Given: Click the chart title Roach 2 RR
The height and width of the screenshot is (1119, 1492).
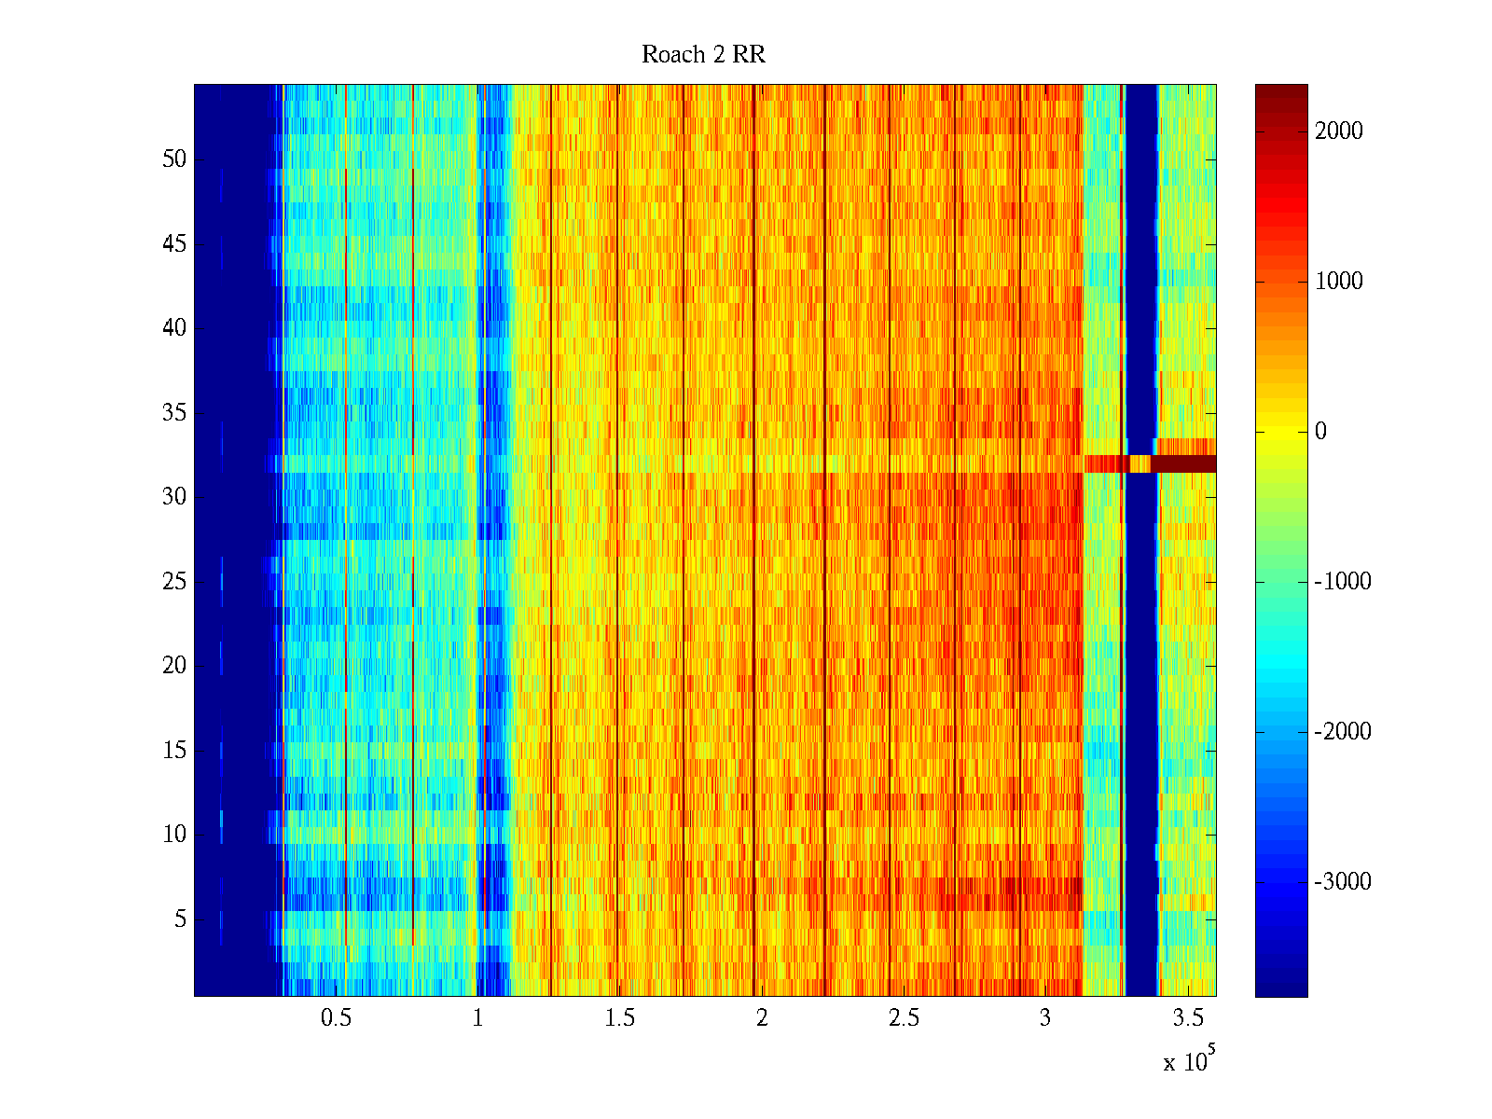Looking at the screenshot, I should pos(703,55).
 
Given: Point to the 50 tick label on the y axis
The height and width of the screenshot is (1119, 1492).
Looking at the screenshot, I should pos(174,159).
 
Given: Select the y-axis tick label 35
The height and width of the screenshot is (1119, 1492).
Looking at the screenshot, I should pos(174,413).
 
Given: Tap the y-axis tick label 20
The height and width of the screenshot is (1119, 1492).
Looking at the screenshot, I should pos(174,666).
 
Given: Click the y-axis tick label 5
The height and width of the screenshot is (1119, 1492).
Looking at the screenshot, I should pos(180,919).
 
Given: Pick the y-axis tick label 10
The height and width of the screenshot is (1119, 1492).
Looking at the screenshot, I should pos(174,835).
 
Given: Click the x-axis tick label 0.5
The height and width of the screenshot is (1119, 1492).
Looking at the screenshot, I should pos(336,1018).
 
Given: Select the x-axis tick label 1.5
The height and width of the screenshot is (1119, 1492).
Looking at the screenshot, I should pos(619,1018).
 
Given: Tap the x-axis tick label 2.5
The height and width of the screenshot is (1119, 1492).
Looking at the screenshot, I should pos(903,1018).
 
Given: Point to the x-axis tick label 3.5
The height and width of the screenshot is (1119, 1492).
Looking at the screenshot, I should pos(1187,1018).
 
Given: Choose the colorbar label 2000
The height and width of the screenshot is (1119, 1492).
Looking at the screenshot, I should pos(1339,131).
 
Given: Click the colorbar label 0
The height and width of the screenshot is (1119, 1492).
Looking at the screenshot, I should pos(1320,432).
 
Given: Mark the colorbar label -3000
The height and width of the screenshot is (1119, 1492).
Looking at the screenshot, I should pos(1343,882).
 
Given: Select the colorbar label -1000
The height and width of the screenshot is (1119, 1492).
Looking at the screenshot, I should pos(1343,582).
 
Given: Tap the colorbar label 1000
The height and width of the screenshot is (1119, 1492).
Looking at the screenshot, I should pos(1339,282).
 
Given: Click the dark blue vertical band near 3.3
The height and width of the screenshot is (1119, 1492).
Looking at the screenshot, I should pos(1141,653).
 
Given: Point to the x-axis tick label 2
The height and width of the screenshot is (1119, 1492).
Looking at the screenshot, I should pos(762,1018).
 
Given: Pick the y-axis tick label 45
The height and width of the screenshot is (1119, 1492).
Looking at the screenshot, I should pos(174,244).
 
